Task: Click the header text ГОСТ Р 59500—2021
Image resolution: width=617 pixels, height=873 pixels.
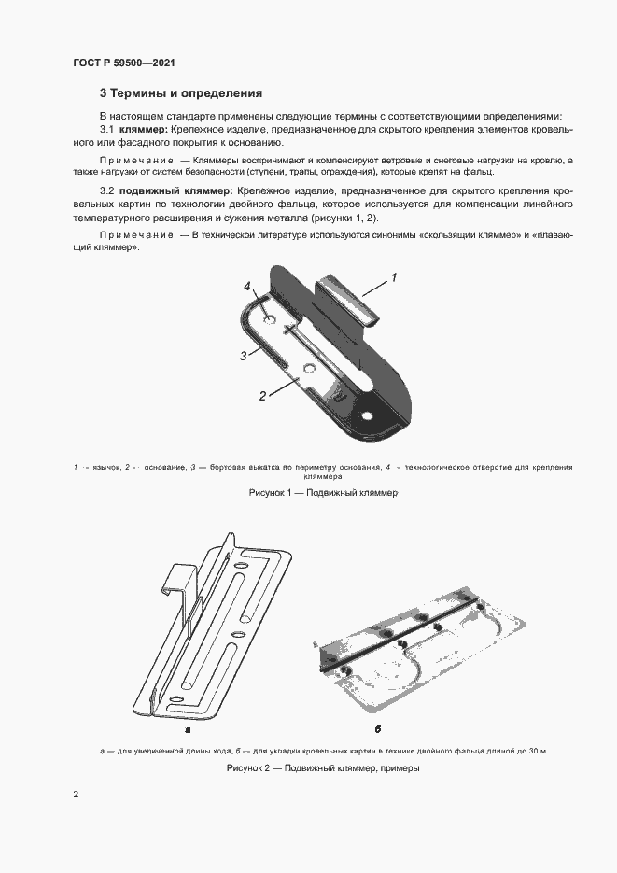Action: click(x=124, y=63)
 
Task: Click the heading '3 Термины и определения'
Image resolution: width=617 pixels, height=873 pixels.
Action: click(x=181, y=93)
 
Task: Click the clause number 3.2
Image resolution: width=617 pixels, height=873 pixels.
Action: click(x=106, y=190)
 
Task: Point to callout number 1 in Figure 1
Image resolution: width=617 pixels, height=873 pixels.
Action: click(x=393, y=277)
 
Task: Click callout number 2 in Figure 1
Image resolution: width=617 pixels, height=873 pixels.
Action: click(x=263, y=395)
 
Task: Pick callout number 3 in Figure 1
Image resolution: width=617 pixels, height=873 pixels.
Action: click(x=243, y=356)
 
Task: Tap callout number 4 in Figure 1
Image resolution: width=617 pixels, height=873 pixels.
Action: click(x=247, y=286)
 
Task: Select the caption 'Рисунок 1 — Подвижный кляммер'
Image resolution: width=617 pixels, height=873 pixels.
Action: click(x=324, y=491)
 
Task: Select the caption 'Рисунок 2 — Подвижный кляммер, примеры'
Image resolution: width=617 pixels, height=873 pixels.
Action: click(x=323, y=768)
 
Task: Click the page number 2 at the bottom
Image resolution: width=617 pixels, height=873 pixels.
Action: click(x=76, y=795)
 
